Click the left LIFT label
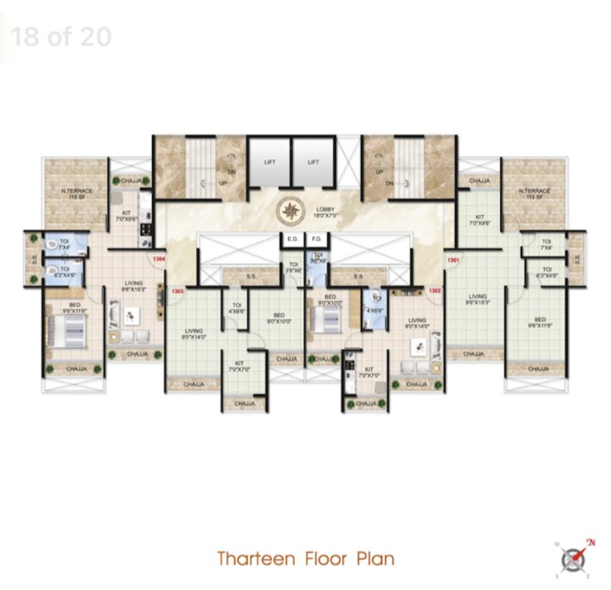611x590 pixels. [x=270, y=162]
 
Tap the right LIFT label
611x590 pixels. [x=313, y=162]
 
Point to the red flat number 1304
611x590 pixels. [x=159, y=259]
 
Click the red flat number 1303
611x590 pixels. [x=178, y=292]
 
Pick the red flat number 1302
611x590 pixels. [x=434, y=291]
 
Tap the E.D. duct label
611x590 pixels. [x=292, y=239]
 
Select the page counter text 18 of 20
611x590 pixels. [x=61, y=36]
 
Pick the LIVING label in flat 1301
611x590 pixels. [x=478, y=297]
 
